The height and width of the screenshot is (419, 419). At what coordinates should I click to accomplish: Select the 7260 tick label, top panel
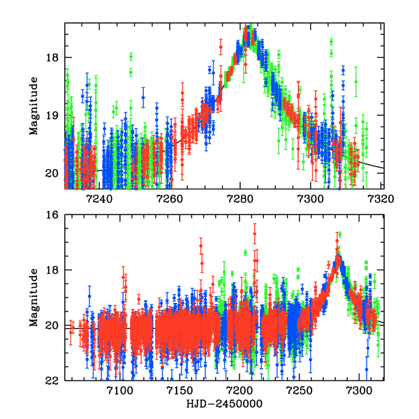(170, 198)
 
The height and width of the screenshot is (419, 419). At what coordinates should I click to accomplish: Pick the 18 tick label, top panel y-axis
(53, 57)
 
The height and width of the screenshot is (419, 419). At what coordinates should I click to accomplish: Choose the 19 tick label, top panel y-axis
(53, 115)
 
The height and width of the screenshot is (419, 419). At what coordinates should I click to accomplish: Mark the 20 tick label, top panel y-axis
(53, 173)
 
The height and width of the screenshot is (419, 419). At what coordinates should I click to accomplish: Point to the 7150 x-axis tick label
(179, 390)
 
